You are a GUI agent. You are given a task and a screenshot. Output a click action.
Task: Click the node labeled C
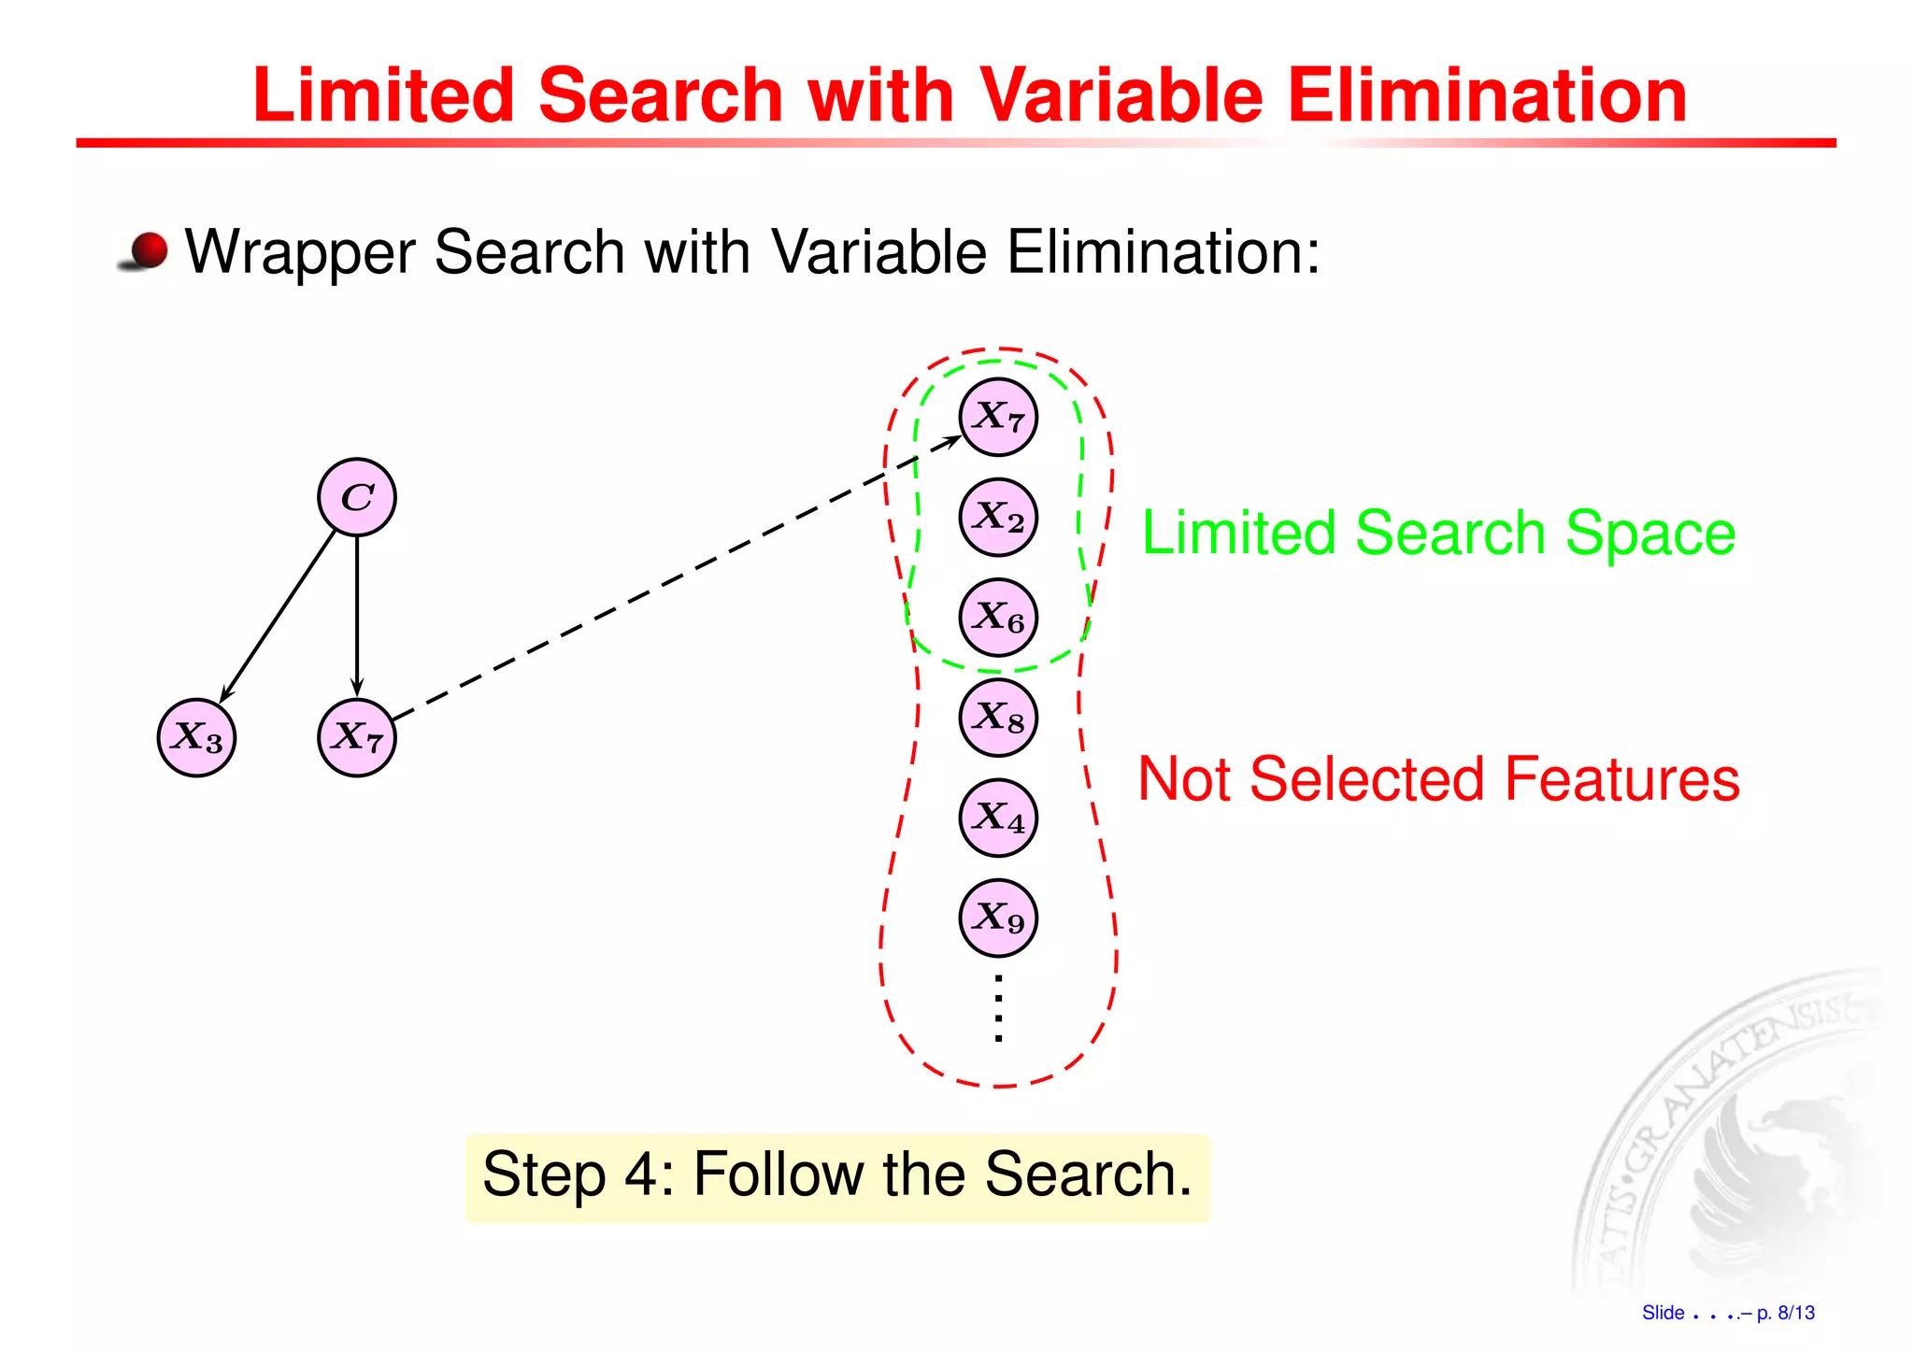(x=357, y=497)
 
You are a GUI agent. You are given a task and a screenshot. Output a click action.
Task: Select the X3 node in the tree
(x=196, y=738)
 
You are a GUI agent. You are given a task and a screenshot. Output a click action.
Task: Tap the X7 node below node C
(x=357, y=738)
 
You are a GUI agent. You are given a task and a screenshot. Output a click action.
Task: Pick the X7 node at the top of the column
(x=998, y=417)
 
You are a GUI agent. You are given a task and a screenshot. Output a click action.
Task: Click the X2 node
(x=998, y=517)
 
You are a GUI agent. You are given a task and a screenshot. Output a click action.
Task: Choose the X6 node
(x=998, y=617)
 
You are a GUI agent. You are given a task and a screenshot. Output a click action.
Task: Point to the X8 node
(x=998, y=718)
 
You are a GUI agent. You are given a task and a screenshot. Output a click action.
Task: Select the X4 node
(x=998, y=818)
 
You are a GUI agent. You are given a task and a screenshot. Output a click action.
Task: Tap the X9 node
(x=998, y=918)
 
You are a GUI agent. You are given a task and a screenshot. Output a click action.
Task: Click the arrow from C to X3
(x=278, y=617)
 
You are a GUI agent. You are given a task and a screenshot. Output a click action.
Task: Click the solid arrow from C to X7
(x=357, y=617)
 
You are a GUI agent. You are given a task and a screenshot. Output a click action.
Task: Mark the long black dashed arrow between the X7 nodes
(x=673, y=579)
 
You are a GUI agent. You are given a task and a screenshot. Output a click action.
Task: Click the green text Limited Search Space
(x=1438, y=534)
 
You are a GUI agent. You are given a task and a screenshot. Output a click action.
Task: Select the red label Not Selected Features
(x=1438, y=779)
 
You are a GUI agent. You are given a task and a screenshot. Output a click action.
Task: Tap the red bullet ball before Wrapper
(x=148, y=250)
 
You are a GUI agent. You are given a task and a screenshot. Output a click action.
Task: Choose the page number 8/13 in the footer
(x=1795, y=1313)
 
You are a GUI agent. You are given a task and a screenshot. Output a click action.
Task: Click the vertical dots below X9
(x=998, y=1008)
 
